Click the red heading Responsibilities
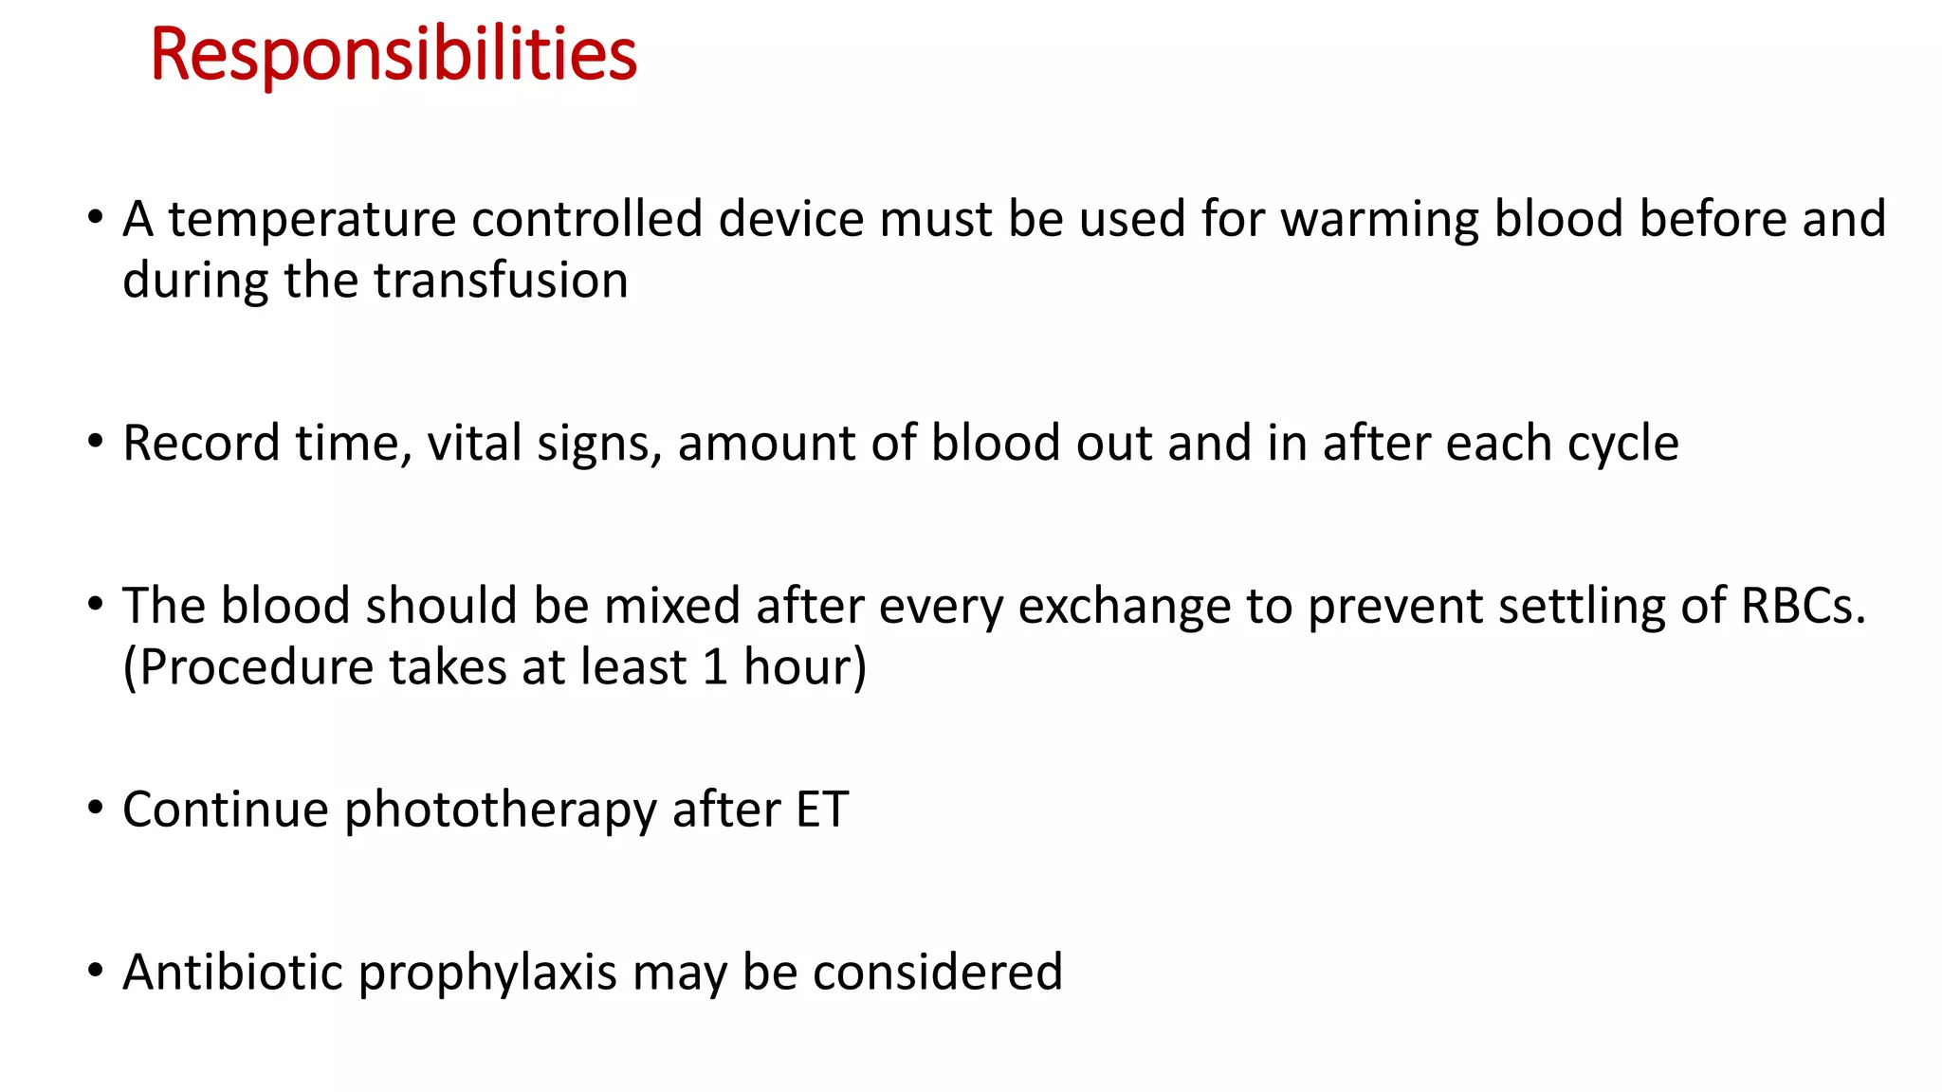[394, 55]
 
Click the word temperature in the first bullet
[311, 220]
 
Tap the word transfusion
[500, 282]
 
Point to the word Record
[201, 444]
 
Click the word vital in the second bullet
[474, 444]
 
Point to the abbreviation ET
[821, 810]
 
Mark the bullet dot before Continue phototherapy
[95, 810]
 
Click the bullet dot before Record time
[95, 443]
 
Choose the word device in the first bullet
[790, 220]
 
